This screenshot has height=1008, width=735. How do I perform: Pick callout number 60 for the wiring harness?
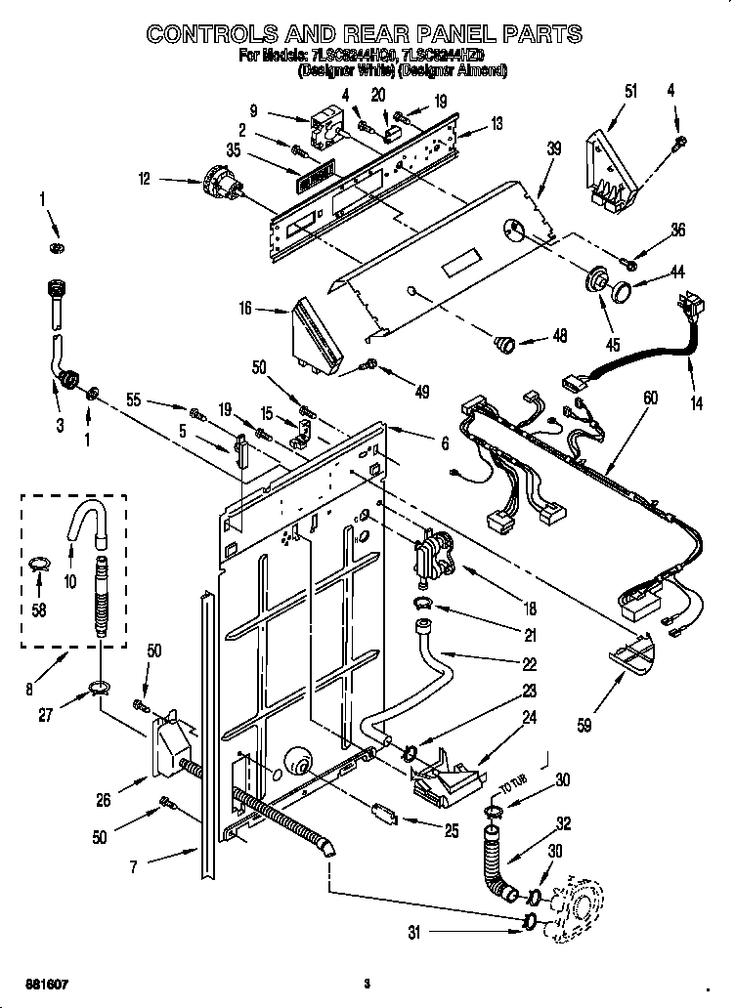click(x=651, y=398)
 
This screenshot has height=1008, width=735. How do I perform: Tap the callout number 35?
click(x=233, y=149)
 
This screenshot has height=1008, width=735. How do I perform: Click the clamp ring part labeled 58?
click(x=38, y=563)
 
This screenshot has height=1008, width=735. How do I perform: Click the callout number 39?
click(x=554, y=148)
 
